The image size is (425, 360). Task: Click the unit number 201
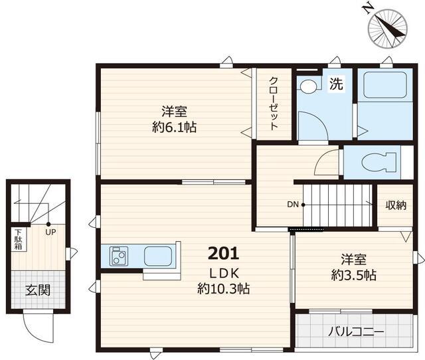point(223,254)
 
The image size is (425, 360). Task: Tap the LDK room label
point(224,274)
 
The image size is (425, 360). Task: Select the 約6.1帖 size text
point(174,127)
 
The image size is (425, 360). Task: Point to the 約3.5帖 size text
point(354,275)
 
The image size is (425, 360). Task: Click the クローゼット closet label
point(274,104)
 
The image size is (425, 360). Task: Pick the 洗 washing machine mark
point(336,84)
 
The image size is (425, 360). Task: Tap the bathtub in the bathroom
point(385,85)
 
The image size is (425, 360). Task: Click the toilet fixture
point(379,162)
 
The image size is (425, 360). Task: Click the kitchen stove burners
point(119,256)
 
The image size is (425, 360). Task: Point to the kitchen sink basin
point(158,256)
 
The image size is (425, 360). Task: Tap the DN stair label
point(293,205)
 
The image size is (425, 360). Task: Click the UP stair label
point(50,232)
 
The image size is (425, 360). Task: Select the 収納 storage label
point(396,205)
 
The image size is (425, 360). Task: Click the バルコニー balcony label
point(356,331)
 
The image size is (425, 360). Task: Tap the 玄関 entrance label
point(38,290)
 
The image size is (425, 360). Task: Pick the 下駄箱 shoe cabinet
point(19,239)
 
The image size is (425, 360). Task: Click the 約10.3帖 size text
point(224,289)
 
